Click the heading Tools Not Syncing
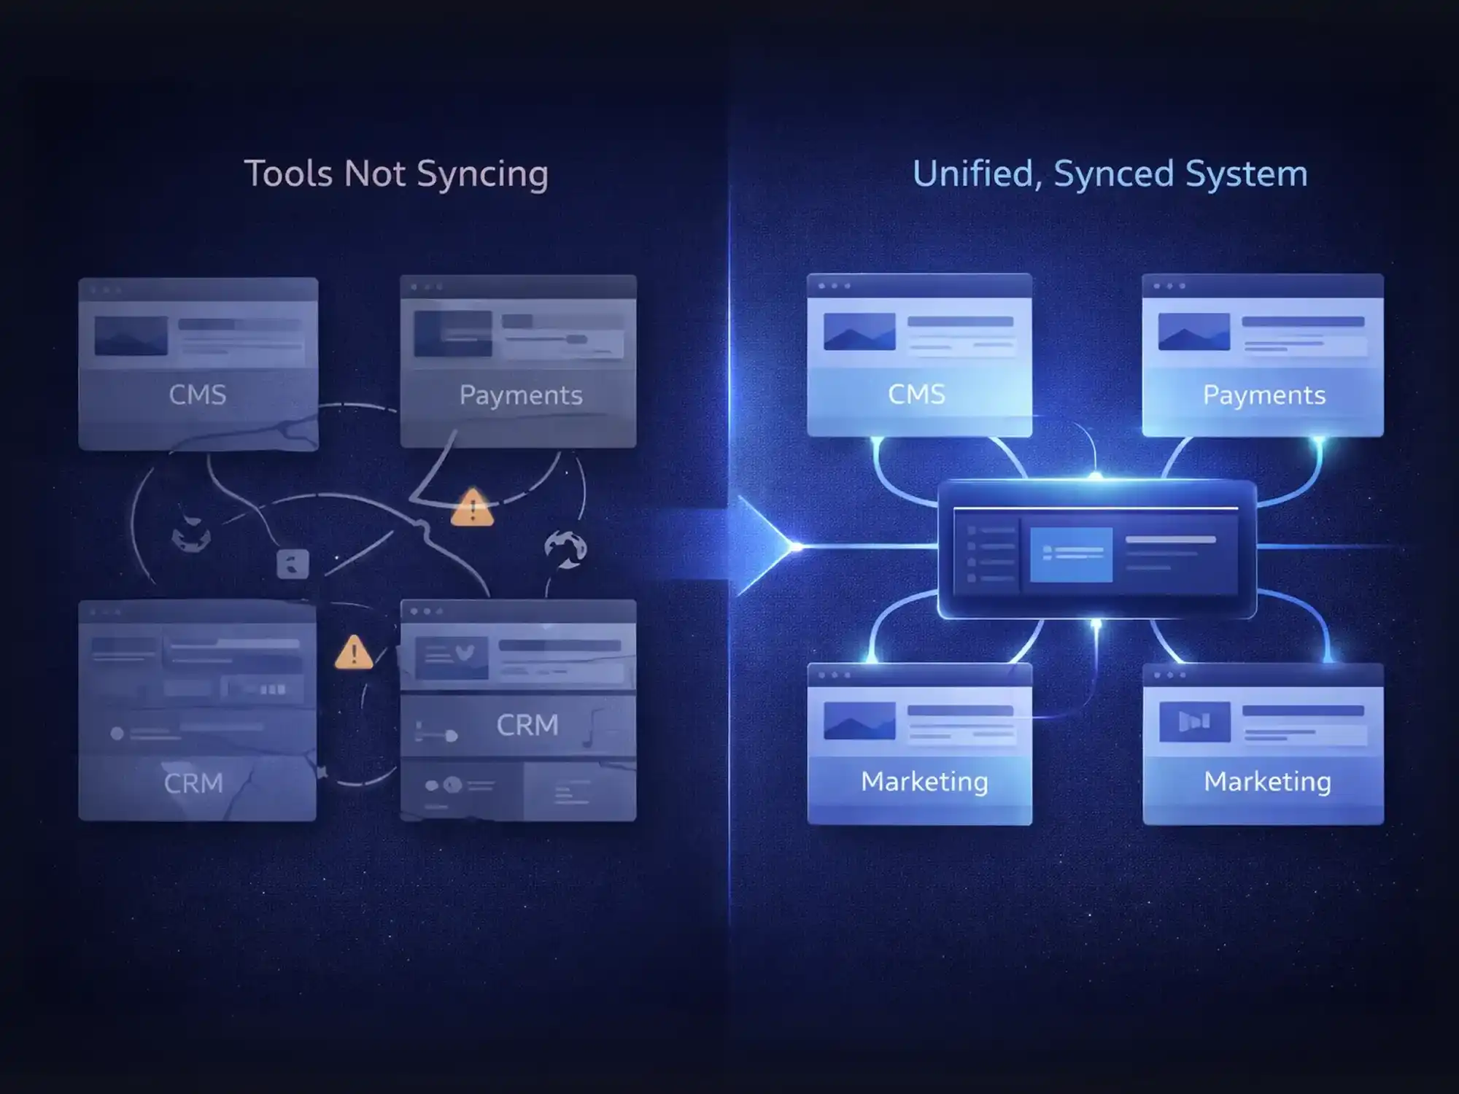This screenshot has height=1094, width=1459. [x=395, y=174]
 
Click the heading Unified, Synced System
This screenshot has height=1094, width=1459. [x=1110, y=174]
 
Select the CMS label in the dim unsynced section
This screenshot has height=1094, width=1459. [x=197, y=395]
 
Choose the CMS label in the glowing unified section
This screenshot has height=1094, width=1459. [x=916, y=394]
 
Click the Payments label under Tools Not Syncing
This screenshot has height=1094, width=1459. [x=520, y=395]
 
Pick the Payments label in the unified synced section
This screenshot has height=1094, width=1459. [x=1263, y=395]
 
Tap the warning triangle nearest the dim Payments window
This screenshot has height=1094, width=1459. [x=472, y=508]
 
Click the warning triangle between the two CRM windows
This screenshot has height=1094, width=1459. [x=354, y=653]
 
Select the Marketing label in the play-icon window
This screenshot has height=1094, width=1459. [x=1267, y=781]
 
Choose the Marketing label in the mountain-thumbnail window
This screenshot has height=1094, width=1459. [x=924, y=781]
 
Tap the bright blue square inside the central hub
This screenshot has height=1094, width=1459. [x=1071, y=555]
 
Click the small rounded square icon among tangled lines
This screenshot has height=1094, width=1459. [x=293, y=564]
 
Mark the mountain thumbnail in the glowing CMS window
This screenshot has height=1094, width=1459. [x=859, y=332]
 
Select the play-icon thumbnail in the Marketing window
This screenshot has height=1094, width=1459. [x=1194, y=721]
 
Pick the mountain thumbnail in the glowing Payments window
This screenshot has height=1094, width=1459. [x=1193, y=332]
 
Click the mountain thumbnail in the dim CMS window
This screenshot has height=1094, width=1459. [x=131, y=335]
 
